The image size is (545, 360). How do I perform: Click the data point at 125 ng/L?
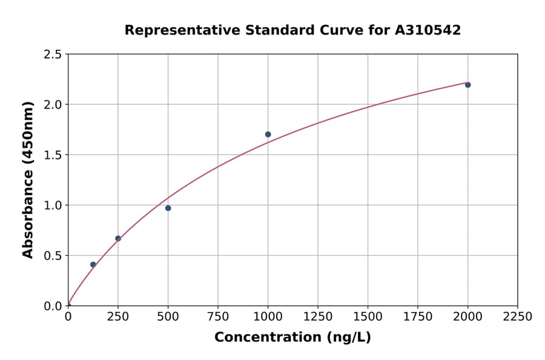(93, 264)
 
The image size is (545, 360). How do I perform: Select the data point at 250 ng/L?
(118, 238)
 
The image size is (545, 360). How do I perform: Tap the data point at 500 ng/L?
(168, 208)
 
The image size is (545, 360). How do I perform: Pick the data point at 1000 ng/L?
(268, 134)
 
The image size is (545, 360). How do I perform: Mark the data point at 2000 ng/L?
(467, 85)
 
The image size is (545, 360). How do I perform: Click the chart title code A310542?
(428, 30)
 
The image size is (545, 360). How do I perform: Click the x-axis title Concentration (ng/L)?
(292, 337)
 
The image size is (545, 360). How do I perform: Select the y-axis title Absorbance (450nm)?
(28, 179)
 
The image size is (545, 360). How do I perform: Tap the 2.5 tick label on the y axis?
(53, 55)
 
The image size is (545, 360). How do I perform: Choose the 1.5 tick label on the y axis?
(53, 155)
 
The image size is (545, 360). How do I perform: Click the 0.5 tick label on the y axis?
(53, 255)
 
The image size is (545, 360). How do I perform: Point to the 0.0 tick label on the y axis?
(53, 305)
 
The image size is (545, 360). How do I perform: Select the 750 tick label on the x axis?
(218, 317)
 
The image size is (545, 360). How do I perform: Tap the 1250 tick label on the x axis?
(318, 317)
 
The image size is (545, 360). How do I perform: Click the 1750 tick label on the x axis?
(418, 317)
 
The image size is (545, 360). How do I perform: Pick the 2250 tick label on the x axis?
(518, 317)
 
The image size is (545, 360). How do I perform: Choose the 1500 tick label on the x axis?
(368, 317)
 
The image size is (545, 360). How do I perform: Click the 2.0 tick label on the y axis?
(53, 105)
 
